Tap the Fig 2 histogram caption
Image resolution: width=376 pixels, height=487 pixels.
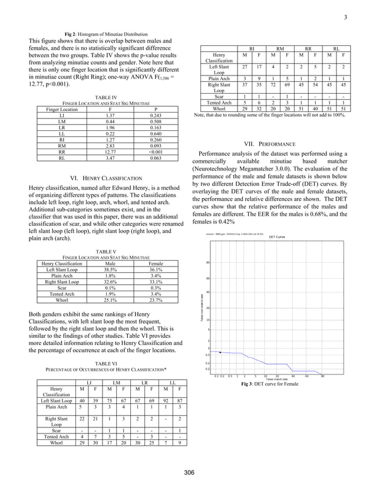(x=106, y=34)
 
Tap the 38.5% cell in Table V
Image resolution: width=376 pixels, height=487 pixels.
(x=108, y=268)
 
